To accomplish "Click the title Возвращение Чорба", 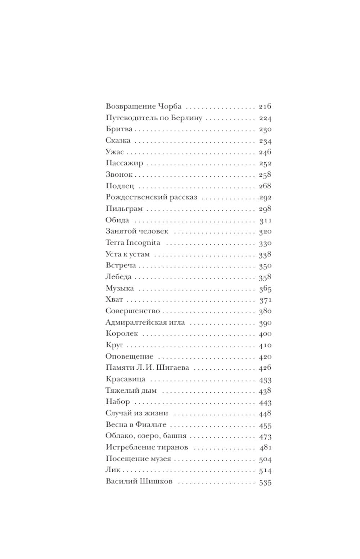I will (144, 107).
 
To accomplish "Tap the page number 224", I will (265, 118).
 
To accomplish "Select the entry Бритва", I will (119, 129).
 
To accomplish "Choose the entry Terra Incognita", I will (133, 243).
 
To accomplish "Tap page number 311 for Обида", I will (265, 220).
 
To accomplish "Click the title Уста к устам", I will (127, 254).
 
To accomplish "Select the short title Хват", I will (114, 299).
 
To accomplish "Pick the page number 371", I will (265, 300).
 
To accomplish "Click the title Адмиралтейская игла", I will (145, 322).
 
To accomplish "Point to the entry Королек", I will (122, 334).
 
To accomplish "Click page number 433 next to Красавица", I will (265, 379).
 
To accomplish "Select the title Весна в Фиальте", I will (136, 425).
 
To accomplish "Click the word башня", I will (175, 436).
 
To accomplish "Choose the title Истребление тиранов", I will (147, 447).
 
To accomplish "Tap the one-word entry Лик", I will (113, 470).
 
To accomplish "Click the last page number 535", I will (265, 482).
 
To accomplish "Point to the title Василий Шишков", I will (139, 481).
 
